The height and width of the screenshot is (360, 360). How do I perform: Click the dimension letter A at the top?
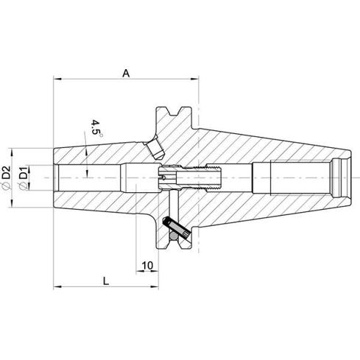click(126, 73)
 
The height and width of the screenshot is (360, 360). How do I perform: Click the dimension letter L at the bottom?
click(106, 280)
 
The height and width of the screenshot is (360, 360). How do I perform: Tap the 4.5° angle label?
click(96, 127)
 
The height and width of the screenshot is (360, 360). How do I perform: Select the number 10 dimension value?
click(148, 265)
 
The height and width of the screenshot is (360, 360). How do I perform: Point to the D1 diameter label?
click(24, 173)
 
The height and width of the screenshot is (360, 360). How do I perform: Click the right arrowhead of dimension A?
click(195, 79)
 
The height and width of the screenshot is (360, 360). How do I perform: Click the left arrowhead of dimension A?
click(57, 79)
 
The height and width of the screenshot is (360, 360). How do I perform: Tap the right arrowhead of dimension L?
click(155, 286)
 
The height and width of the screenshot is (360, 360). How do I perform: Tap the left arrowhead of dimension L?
click(57, 286)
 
